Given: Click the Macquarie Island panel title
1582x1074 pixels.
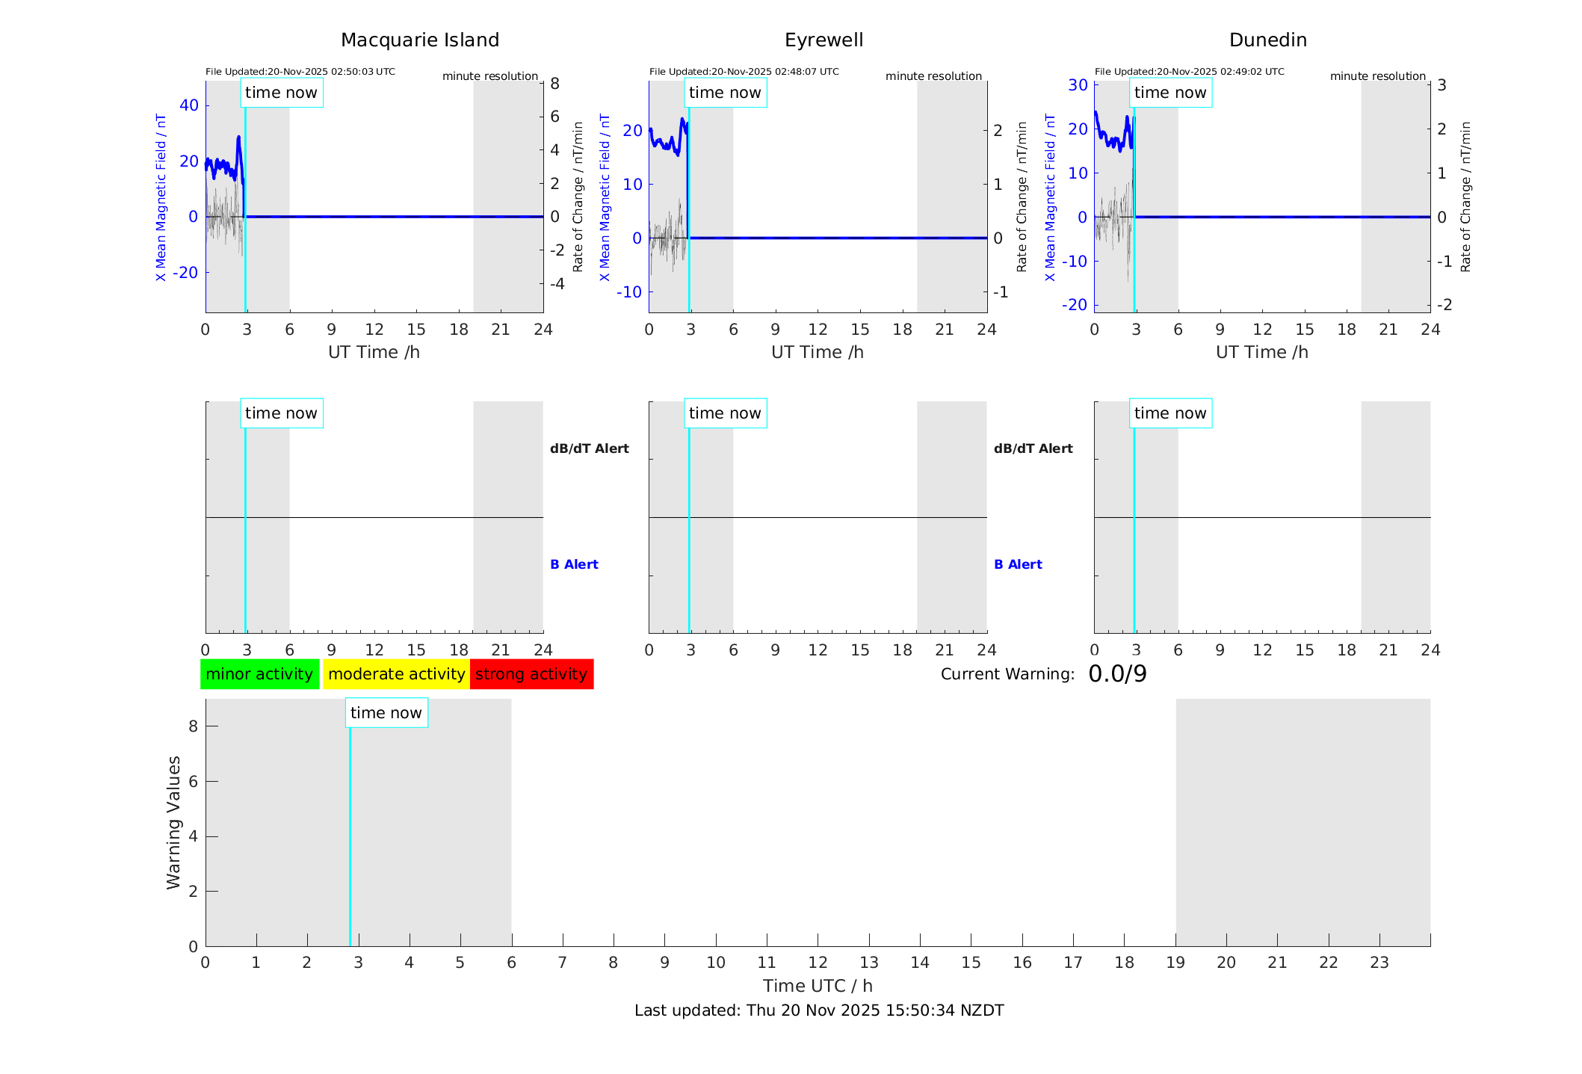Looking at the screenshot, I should coord(419,40).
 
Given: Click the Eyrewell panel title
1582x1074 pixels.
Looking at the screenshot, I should coord(824,40).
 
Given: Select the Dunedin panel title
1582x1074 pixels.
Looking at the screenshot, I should coord(1267,40).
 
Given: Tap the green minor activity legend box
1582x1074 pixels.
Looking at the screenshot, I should coord(259,674).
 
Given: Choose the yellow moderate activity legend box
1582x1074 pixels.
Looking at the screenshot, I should coord(396,674).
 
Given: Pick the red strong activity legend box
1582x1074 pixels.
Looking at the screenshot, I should coord(531,674).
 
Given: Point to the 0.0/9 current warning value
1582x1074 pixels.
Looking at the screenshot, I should coord(1117,674).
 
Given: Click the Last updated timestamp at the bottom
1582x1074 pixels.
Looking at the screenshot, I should coord(819,1010).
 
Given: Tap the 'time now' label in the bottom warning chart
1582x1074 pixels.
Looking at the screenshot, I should coord(386,713).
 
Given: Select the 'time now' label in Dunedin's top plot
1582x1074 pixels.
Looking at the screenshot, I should coord(1170,93).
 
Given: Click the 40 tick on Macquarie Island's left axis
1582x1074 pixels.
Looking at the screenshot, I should coord(189,105).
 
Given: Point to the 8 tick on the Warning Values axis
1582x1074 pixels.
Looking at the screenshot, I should coord(193,726).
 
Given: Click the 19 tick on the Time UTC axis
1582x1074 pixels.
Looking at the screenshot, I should coord(1175,963).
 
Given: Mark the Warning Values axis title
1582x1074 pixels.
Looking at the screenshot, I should coord(173,822).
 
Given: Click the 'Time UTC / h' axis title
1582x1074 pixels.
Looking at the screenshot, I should coord(818,987).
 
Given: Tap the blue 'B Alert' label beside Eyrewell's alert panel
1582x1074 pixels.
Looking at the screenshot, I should coord(1018,564).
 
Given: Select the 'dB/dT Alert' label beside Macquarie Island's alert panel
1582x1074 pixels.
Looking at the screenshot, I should coord(589,448).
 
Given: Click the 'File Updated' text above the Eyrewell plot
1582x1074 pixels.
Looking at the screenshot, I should coord(744,72).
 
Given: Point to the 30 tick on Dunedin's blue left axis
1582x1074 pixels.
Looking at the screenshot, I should coord(1078,85).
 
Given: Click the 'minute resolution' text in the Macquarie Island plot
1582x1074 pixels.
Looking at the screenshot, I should coord(489,76).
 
